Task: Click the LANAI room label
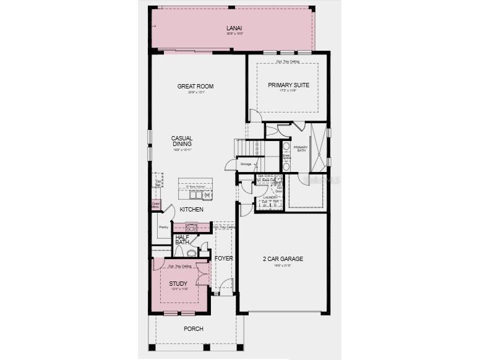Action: (x=233, y=28)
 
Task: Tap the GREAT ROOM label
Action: (x=195, y=86)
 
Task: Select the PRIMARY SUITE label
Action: (x=288, y=85)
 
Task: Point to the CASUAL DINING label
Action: (x=182, y=141)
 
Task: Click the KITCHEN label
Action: (x=192, y=210)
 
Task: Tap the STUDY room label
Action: (x=178, y=284)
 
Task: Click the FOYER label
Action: (x=223, y=258)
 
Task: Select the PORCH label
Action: (x=194, y=328)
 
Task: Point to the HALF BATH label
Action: (x=182, y=239)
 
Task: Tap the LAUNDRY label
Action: (x=271, y=197)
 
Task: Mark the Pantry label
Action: (x=163, y=228)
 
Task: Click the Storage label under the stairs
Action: (x=246, y=164)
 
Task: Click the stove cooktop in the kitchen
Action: (x=192, y=227)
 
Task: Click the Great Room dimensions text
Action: (x=195, y=92)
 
